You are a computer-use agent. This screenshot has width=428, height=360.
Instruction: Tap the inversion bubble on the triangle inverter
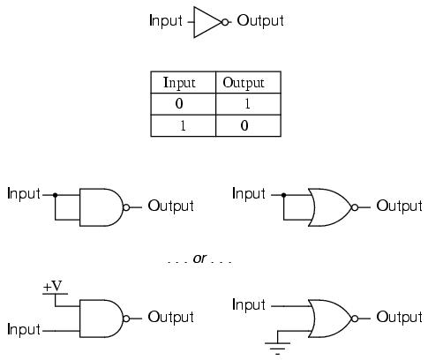tap(225, 22)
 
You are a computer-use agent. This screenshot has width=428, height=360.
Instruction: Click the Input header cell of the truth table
tap(184, 82)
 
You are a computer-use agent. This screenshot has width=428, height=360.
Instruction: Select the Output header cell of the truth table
tap(248, 82)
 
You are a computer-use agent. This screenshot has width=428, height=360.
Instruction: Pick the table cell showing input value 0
tap(184, 104)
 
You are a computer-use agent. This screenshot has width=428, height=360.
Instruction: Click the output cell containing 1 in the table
tap(248, 104)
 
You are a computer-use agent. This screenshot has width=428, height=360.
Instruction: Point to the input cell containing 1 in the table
tap(184, 125)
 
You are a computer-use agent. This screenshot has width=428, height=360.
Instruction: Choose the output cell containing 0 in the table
tap(248, 125)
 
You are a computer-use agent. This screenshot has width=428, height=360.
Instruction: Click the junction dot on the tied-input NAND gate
tap(55, 195)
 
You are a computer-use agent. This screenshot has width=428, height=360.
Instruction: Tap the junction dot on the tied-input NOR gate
tap(283, 195)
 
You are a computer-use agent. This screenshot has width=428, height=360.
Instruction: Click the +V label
tap(53, 286)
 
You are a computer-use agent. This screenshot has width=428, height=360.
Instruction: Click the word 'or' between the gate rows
tap(199, 259)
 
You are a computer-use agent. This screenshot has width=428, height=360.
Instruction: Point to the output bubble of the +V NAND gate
tap(126, 319)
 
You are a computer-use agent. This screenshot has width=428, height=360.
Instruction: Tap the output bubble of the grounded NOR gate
tap(355, 319)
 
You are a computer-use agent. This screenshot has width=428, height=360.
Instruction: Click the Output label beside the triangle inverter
tap(260, 21)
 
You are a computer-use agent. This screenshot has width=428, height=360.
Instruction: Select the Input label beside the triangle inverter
tap(166, 21)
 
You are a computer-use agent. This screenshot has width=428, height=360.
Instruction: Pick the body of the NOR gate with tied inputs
tap(329, 207)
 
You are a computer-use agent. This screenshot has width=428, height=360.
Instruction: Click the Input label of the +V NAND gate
tap(24, 329)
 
